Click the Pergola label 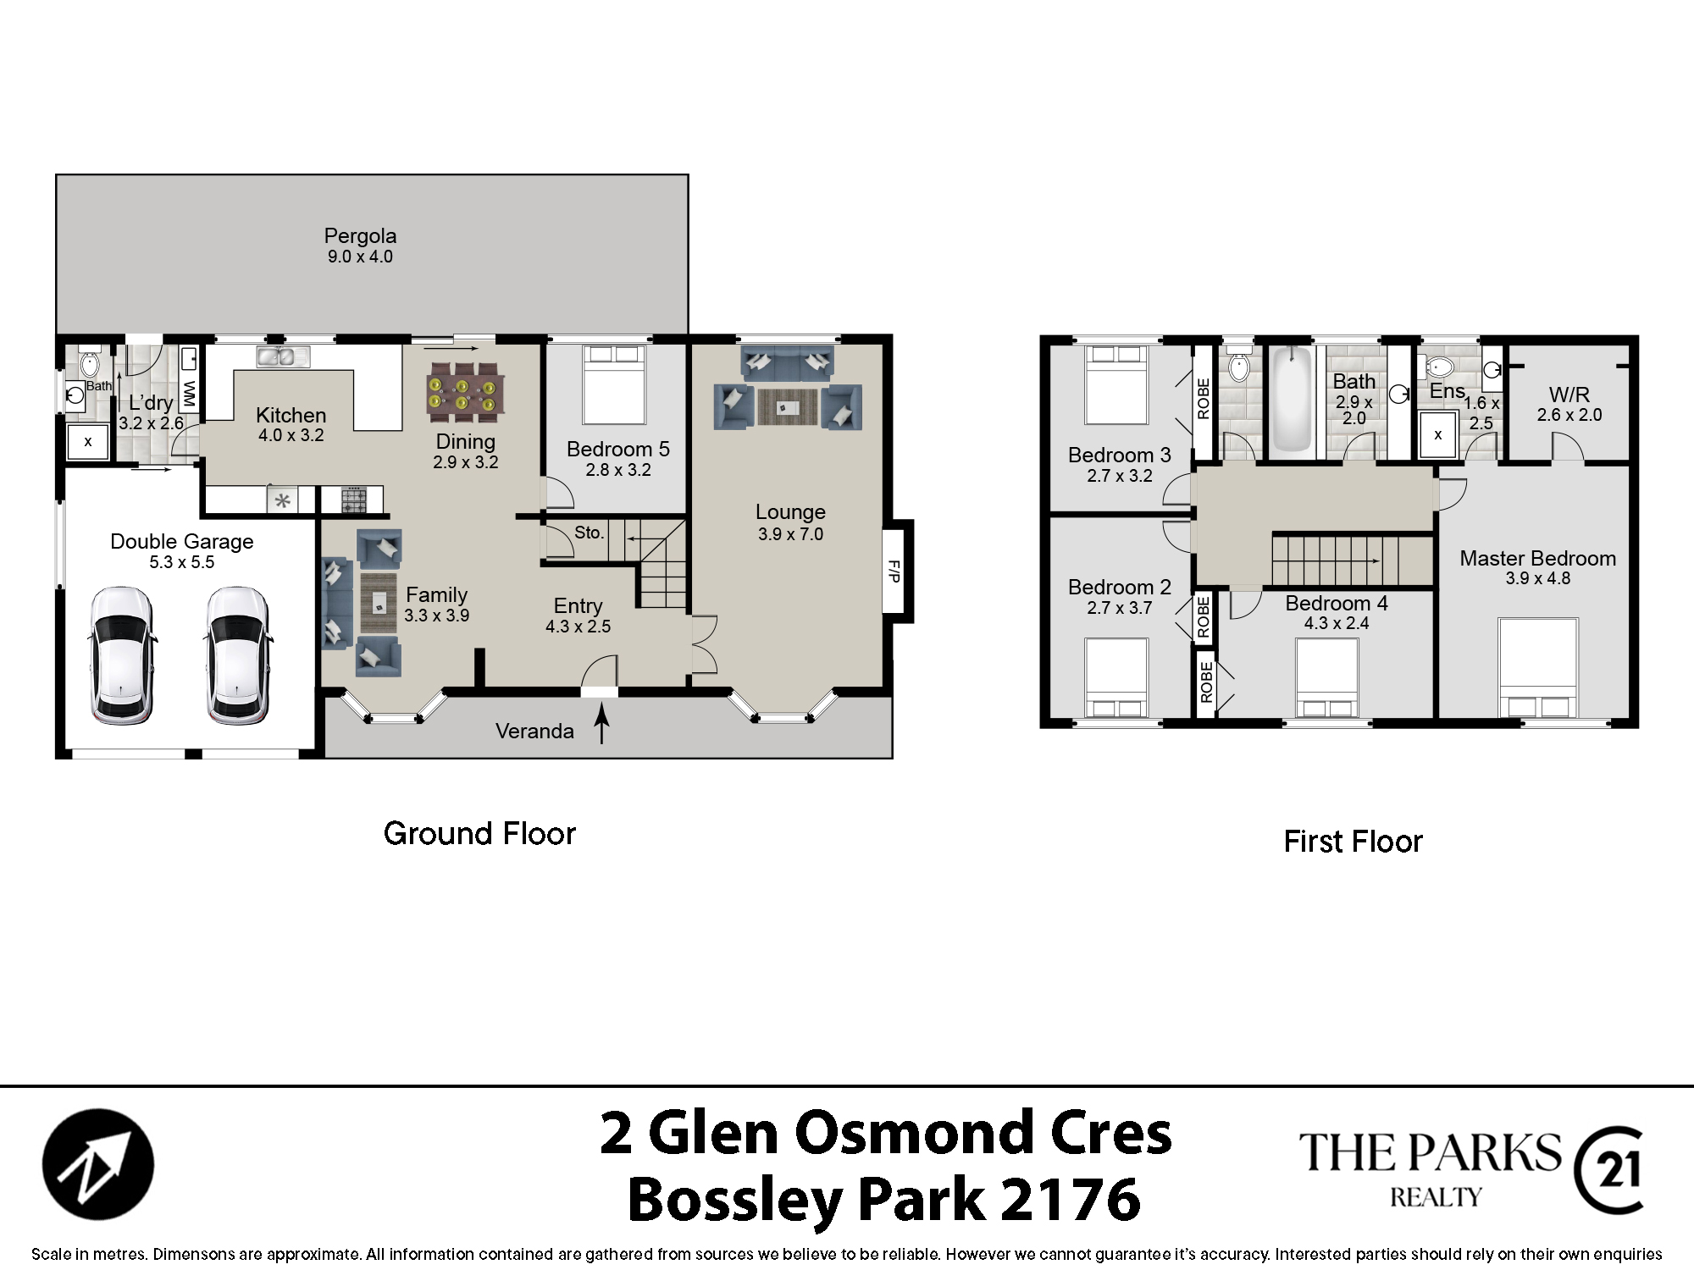(x=360, y=236)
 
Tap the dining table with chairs (x=463, y=392)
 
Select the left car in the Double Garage (x=121, y=656)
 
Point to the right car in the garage (x=237, y=656)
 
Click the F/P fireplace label (x=893, y=571)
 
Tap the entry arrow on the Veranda (x=601, y=725)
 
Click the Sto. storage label (x=590, y=533)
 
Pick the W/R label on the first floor (x=1569, y=395)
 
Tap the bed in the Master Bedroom (x=1537, y=669)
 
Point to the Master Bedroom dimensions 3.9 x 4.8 (x=1538, y=578)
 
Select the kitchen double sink (x=283, y=356)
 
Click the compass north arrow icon (x=98, y=1164)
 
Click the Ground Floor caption (x=479, y=834)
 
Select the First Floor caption (x=1353, y=842)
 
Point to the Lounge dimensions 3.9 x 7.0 (x=790, y=534)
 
